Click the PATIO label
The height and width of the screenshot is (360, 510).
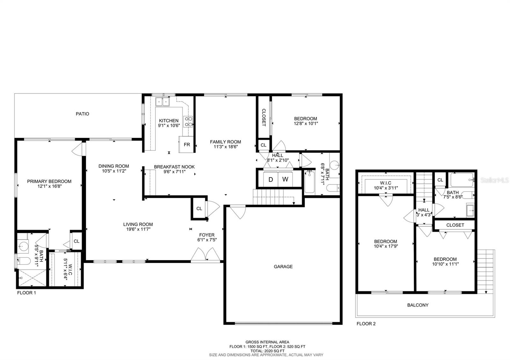point(82,114)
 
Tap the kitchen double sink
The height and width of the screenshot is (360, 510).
point(163,102)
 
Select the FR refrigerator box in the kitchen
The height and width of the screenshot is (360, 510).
point(186,144)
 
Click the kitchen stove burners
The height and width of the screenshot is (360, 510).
point(188,121)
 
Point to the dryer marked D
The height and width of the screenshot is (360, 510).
point(271,179)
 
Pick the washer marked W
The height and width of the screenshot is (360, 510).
point(285,179)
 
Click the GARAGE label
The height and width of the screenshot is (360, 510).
point(283,267)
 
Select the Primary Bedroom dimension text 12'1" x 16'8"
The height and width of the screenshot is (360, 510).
point(49,186)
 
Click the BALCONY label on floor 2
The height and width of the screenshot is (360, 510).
point(418,305)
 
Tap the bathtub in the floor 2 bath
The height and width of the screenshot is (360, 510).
point(462,180)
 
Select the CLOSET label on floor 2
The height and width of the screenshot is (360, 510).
point(455,225)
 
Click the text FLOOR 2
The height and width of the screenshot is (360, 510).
point(366,324)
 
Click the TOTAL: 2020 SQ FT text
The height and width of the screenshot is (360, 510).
point(267,350)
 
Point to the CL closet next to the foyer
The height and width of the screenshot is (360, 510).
point(199,209)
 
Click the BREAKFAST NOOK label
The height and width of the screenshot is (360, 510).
point(174,167)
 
